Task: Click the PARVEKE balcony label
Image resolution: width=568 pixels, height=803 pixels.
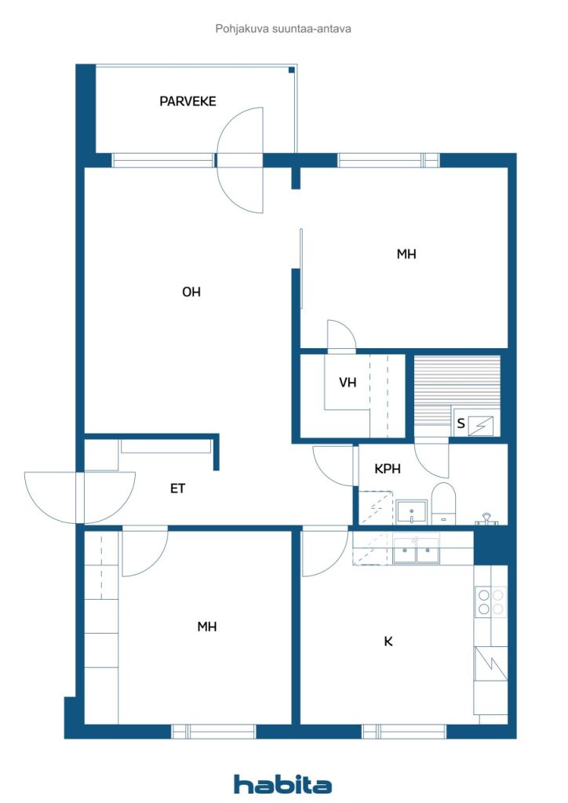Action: tap(188, 101)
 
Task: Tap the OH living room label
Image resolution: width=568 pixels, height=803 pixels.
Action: tap(191, 292)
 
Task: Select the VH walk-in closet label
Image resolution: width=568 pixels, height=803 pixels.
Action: tap(348, 382)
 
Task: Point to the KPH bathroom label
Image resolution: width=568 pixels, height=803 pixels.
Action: tap(388, 469)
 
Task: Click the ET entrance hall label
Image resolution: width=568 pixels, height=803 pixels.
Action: tap(177, 489)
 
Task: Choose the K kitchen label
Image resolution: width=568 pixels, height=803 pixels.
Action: tap(388, 641)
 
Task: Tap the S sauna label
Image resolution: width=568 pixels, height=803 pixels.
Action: tap(461, 423)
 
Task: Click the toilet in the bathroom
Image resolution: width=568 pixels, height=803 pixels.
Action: tap(443, 503)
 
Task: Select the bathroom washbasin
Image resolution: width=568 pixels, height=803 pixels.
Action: tap(411, 511)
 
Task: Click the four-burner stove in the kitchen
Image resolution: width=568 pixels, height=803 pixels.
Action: tap(490, 601)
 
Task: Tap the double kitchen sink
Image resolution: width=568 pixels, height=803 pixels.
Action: tap(416, 550)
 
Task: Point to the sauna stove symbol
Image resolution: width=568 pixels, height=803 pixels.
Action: tap(481, 426)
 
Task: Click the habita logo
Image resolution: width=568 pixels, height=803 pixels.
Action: tap(282, 784)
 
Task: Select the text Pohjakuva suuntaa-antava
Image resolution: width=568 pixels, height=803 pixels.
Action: tap(283, 29)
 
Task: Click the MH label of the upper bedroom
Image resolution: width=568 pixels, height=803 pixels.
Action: tap(406, 254)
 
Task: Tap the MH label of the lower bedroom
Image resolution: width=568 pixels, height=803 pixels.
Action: tap(207, 627)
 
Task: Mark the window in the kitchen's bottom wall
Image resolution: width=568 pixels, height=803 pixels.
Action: tap(404, 732)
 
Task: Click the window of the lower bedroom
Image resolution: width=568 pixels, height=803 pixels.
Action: tap(213, 732)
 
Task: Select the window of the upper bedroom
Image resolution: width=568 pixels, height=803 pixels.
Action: tap(388, 160)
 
